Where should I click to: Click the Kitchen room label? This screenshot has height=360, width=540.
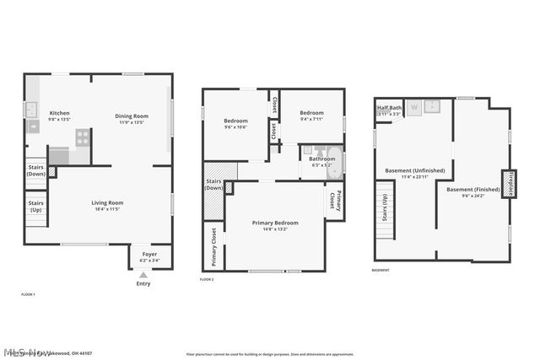click(59, 113)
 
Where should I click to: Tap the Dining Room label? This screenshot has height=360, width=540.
click(132, 116)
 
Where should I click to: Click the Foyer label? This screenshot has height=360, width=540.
click(148, 254)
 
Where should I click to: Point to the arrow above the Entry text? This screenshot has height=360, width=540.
click(143, 274)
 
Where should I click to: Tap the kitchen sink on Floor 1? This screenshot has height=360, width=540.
click(31, 108)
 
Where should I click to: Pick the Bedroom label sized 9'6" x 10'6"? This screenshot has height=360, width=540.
click(235, 121)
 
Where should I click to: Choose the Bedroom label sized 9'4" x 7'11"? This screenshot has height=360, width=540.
click(312, 113)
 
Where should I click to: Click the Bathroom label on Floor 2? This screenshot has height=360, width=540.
click(321, 159)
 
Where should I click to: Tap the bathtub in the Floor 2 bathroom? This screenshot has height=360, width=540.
click(335, 162)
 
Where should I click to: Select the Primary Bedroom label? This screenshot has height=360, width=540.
click(275, 223)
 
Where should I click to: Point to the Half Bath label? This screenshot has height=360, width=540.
click(389, 108)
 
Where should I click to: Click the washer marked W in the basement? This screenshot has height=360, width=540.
click(414, 108)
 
